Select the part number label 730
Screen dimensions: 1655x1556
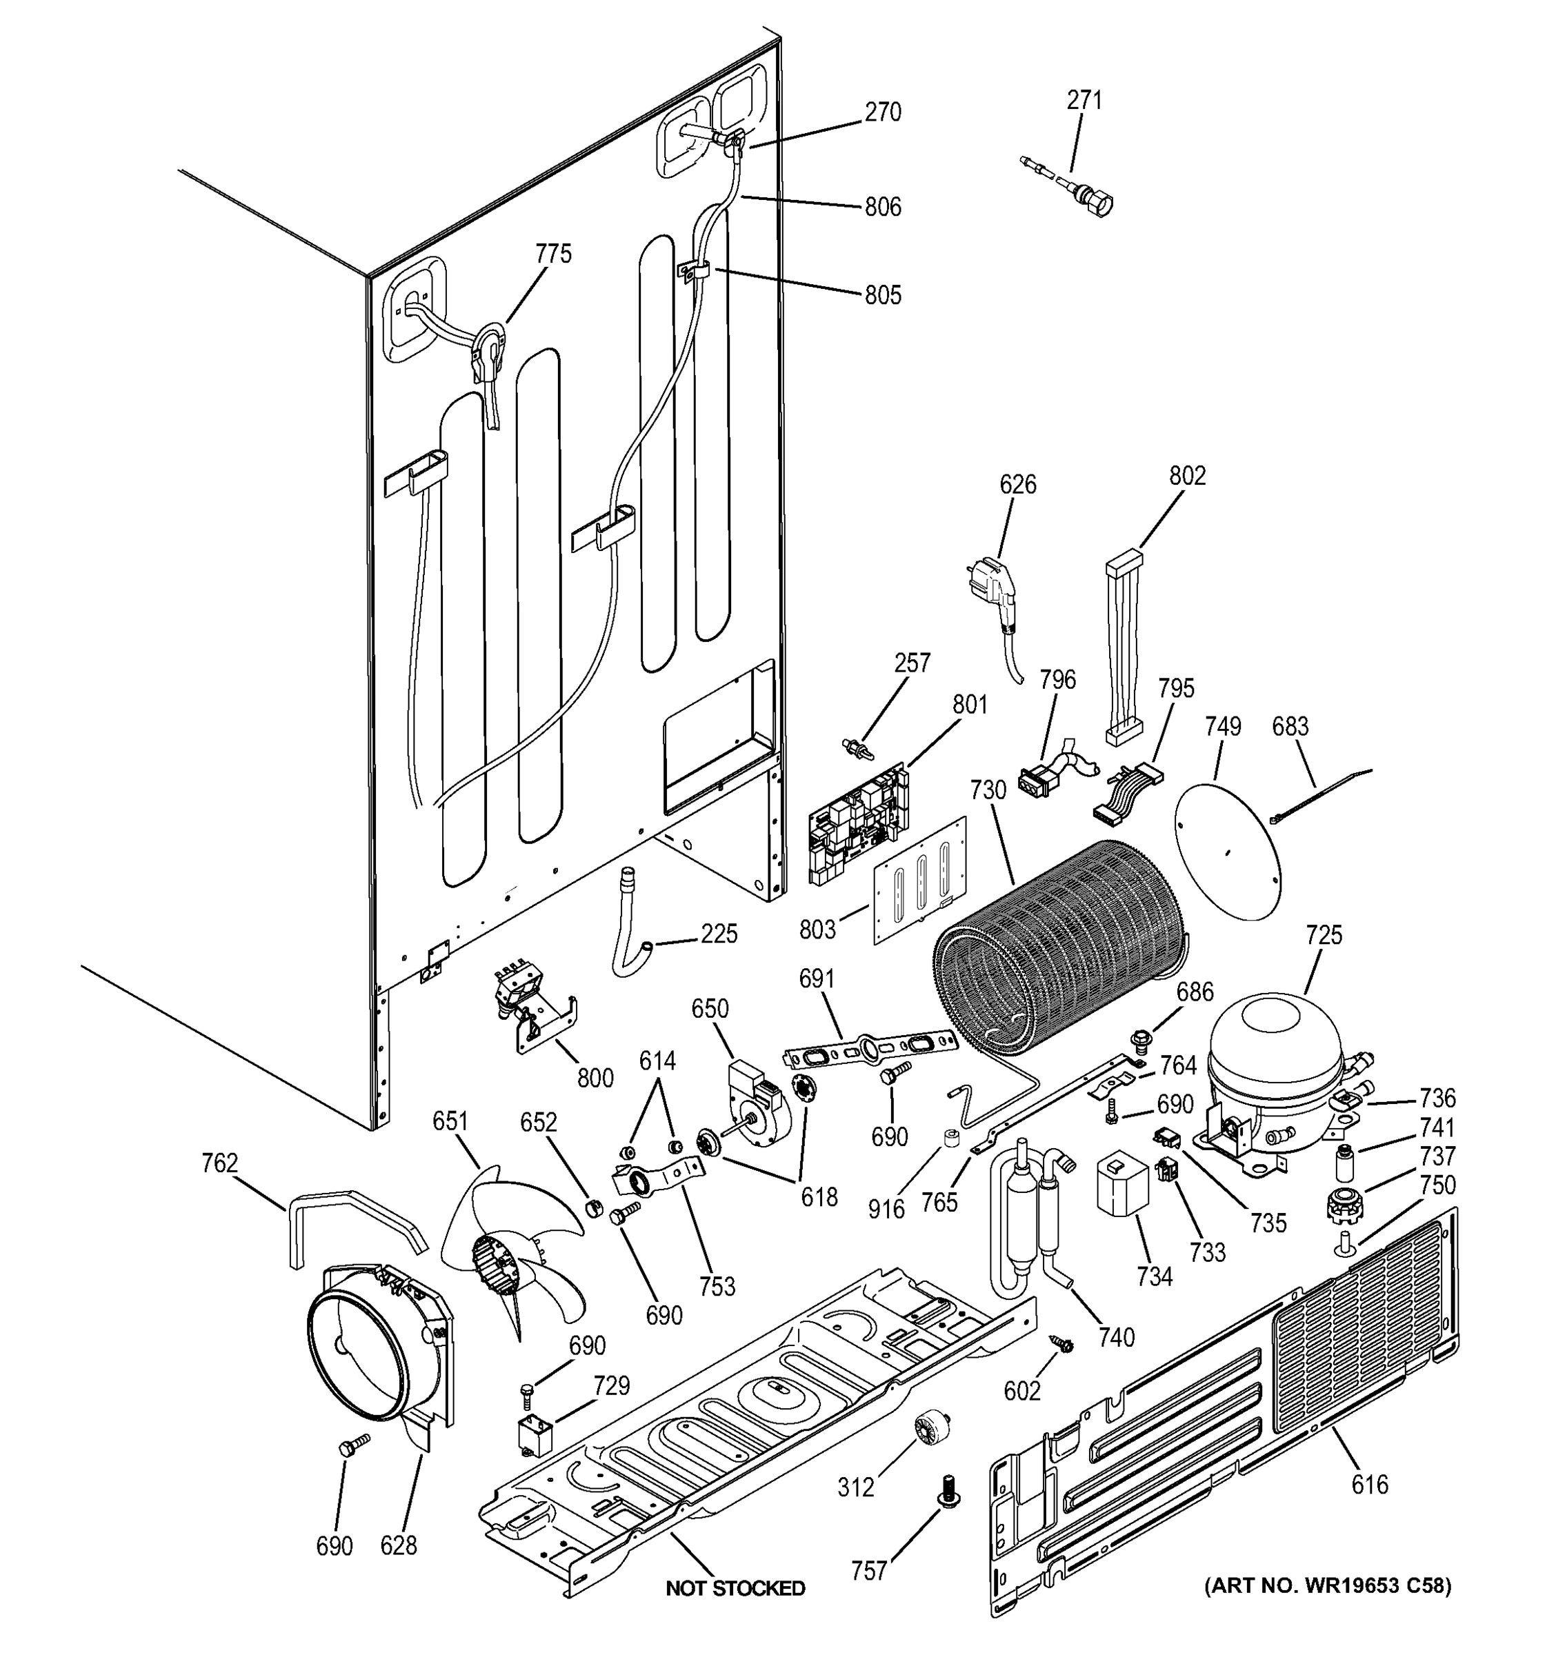988,789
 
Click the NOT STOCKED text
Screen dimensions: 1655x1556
735,1588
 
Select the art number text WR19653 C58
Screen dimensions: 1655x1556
1328,1585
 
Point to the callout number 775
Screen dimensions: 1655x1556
554,254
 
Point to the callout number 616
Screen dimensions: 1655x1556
1370,1483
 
